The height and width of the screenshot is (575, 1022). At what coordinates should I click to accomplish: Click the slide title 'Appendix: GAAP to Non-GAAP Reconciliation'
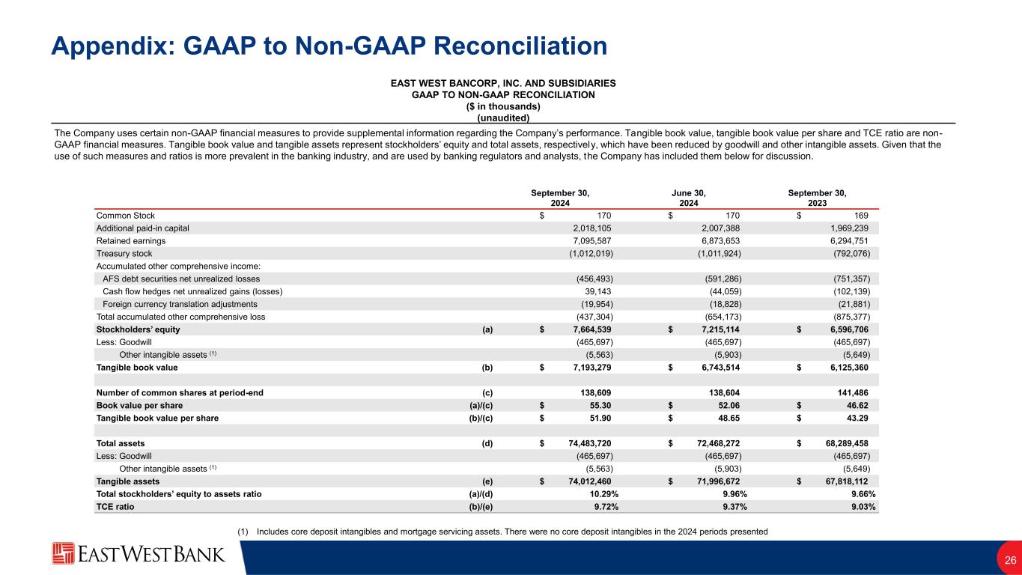[329, 46]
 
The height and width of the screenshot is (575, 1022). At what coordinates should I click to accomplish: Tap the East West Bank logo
[139, 554]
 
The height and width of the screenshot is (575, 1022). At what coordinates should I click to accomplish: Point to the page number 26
[1009, 561]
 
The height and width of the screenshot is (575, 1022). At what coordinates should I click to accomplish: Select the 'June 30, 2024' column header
[689, 198]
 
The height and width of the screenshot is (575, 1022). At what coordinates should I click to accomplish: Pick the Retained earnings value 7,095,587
[588, 241]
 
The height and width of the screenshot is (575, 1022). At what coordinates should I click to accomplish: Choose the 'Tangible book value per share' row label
[157, 419]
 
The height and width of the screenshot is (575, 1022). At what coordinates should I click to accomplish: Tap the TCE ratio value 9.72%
[600, 506]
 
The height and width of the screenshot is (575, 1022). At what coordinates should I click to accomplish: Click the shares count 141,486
[855, 392]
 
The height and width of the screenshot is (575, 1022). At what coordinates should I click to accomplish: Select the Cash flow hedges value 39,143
[599, 291]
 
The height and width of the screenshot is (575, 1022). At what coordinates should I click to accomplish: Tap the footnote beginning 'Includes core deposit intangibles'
[502, 532]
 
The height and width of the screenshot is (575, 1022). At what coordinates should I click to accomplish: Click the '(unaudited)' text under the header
[502, 118]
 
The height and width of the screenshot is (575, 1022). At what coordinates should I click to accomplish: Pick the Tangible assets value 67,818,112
[845, 481]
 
